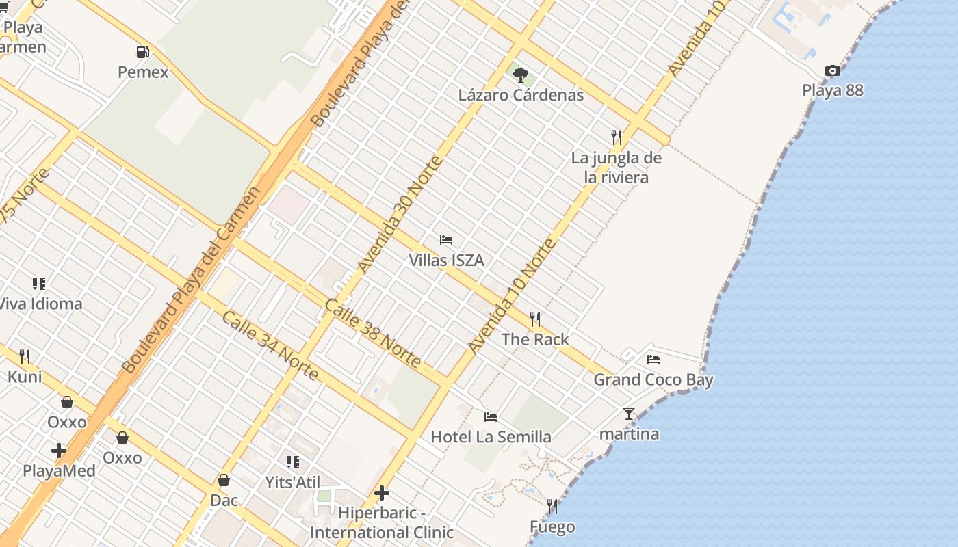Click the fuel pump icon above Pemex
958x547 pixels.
142,52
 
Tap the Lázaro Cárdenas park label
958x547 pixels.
521,95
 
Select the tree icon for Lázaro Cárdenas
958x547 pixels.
521,75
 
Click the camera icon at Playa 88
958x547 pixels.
832,70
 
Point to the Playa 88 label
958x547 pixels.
832,90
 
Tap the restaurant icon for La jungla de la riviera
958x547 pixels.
617,137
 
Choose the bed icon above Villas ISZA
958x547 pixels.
446,240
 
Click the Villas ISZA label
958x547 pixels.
446,260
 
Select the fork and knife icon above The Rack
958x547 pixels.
535,319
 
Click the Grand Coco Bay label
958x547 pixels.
653,380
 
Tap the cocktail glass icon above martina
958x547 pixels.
629,414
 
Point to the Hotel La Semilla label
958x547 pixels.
491,437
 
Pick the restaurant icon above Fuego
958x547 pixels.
552,507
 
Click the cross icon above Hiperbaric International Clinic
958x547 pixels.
382,492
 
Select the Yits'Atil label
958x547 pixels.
292,482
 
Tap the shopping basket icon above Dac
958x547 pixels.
224,480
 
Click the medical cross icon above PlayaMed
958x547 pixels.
59,451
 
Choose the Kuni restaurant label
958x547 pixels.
25,377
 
